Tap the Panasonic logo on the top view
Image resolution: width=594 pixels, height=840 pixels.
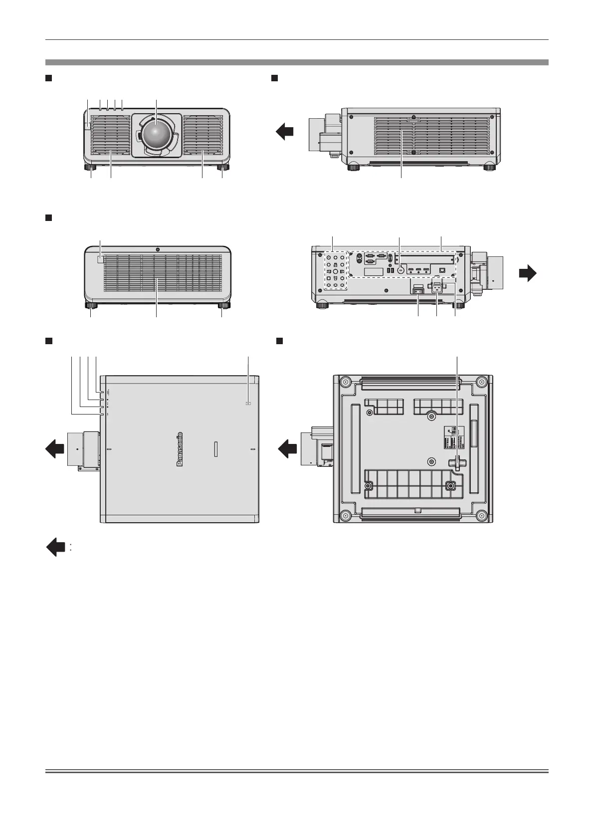pos(180,448)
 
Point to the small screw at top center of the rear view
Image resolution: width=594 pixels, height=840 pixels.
pos(157,249)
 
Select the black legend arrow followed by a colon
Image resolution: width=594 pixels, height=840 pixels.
pos(56,547)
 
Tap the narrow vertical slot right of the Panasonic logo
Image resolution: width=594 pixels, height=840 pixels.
pos(216,448)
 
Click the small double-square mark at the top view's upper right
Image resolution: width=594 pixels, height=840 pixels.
pos(248,403)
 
